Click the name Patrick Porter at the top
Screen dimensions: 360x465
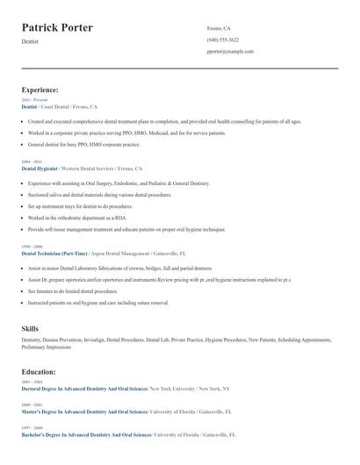(x=57, y=28)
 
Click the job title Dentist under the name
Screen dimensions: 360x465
(x=30, y=41)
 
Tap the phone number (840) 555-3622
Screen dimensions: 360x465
(x=222, y=39)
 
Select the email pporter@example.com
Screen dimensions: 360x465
(x=230, y=51)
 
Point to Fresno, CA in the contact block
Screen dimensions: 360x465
(x=219, y=28)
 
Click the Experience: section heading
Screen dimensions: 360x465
(x=40, y=89)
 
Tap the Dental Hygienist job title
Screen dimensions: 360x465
(x=40, y=168)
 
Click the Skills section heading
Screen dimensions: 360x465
(x=30, y=328)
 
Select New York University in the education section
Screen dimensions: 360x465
(x=173, y=388)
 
